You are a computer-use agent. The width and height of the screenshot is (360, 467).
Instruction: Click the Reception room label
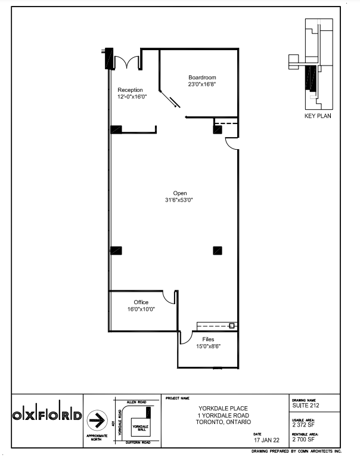point(130,90)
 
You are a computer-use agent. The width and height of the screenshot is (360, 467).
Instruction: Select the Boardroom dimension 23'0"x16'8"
point(202,84)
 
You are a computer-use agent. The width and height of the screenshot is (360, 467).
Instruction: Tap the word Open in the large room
point(180,193)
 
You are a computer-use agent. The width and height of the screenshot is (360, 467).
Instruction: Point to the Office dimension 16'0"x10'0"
point(141,310)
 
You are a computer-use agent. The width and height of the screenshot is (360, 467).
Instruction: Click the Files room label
point(208,339)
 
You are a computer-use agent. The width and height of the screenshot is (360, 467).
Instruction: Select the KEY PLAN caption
point(318,116)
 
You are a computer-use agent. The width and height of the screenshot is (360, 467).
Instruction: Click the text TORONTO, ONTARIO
point(224,422)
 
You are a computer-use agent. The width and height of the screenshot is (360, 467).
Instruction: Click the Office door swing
point(175,296)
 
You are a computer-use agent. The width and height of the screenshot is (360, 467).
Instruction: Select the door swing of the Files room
point(184,337)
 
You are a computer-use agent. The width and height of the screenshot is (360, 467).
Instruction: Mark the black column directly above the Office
point(116,250)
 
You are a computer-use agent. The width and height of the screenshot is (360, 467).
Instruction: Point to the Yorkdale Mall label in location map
point(139,428)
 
